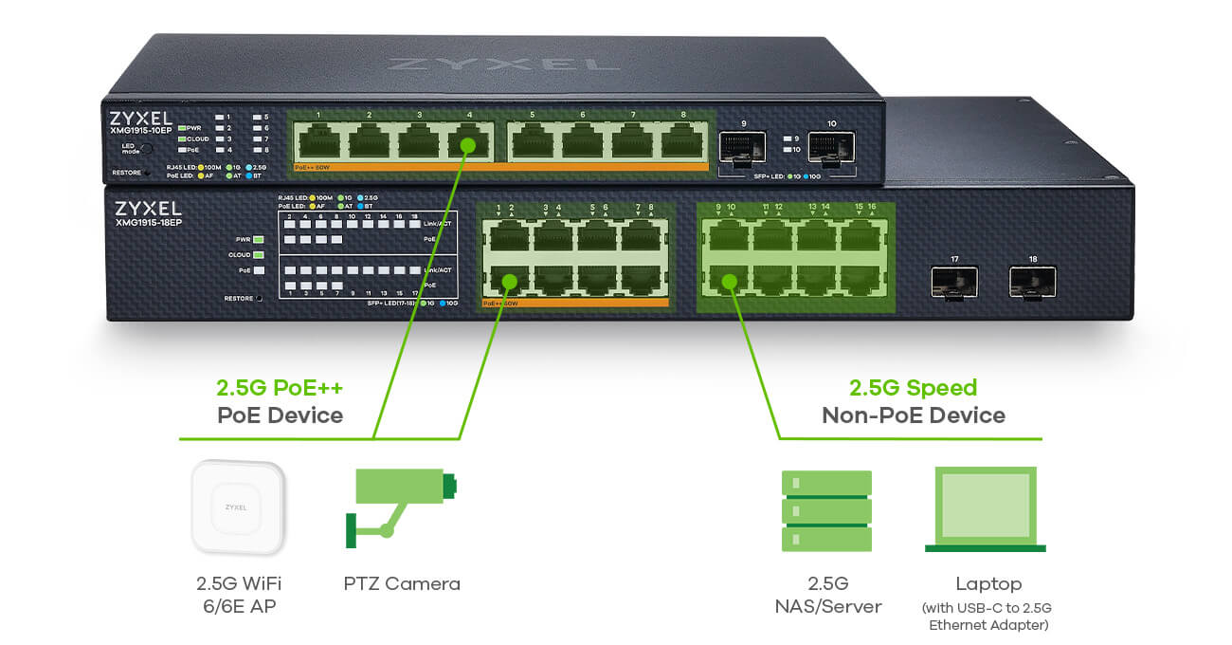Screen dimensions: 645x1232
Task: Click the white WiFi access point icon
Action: coord(237,507)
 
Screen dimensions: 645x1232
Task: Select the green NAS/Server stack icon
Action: coord(826,511)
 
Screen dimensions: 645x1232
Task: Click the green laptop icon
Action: coord(986,510)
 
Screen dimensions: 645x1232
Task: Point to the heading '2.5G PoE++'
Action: coord(279,388)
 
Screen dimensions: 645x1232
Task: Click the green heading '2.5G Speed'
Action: coord(913,388)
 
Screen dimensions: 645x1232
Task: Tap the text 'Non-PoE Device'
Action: coord(913,415)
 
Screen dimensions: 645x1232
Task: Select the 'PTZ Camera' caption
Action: coord(402,583)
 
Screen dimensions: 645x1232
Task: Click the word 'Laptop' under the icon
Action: coord(989,584)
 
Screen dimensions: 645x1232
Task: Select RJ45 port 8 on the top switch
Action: coord(682,142)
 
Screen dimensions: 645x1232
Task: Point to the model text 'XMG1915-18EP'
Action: coord(149,223)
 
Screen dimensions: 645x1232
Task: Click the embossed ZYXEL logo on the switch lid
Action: coord(503,64)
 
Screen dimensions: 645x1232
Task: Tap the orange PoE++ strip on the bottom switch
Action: coord(574,304)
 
